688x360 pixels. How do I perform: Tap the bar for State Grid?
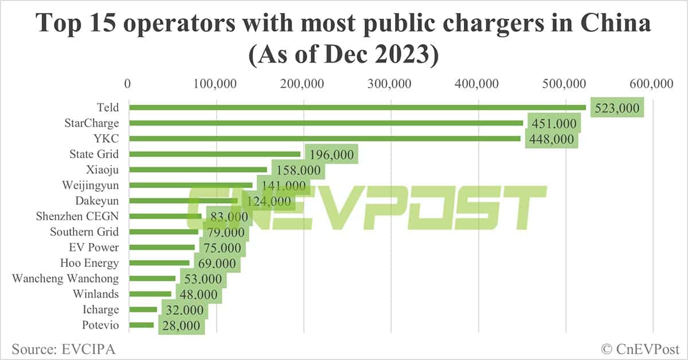214,154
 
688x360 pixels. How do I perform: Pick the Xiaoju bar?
198,169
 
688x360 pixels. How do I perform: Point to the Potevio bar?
142,325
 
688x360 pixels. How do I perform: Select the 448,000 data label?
551,139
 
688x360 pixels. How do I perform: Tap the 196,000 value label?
332,154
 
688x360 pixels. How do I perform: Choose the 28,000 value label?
180,326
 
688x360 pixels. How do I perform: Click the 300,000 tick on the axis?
391,84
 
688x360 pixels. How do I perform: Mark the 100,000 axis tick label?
216,84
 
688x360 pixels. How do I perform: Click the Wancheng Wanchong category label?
65,279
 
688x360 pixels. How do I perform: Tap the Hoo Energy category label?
89,263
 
